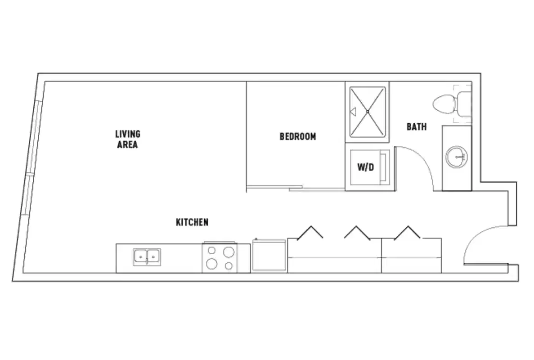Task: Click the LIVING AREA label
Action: point(128,139)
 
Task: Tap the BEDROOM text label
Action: point(297,136)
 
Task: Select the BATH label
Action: point(417,127)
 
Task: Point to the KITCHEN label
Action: point(192,222)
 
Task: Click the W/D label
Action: point(365,167)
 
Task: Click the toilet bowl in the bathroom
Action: point(444,104)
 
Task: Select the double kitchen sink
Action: point(147,257)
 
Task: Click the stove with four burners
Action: point(220,258)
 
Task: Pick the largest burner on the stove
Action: point(229,252)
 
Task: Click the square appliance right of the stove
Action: point(269,256)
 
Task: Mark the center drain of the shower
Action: point(368,111)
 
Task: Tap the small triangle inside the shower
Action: point(353,111)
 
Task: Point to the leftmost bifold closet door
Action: point(310,232)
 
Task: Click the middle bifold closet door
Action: point(357,232)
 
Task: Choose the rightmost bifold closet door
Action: point(407,232)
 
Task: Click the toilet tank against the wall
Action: point(464,104)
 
